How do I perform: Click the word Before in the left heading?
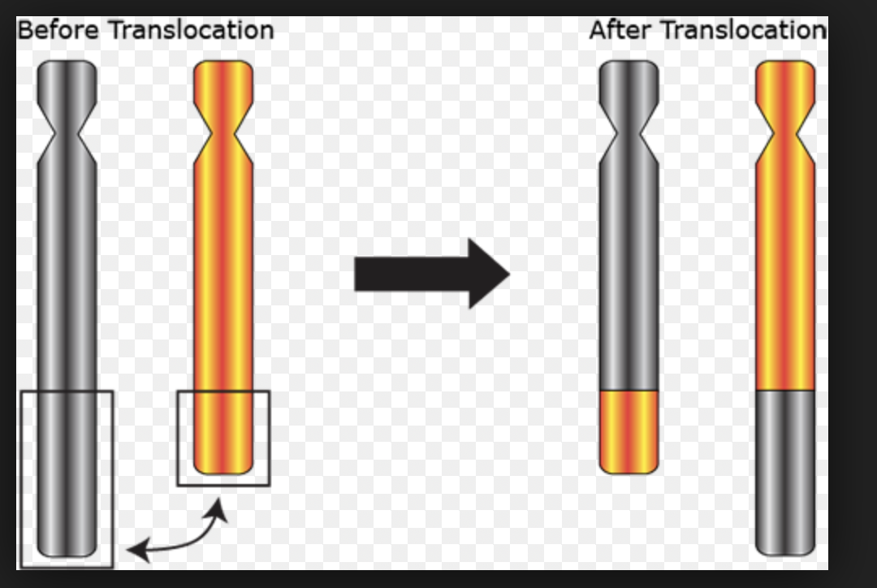[x=58, y=30]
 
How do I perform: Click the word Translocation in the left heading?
[x=192, y=30]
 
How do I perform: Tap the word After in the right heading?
[x=620, y=30]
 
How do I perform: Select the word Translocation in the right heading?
[x=742, y=30]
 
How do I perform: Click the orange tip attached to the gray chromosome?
[x=629, y=430]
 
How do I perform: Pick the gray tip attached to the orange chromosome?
[x=785, y=471]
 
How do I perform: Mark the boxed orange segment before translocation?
[x=223, y=435]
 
